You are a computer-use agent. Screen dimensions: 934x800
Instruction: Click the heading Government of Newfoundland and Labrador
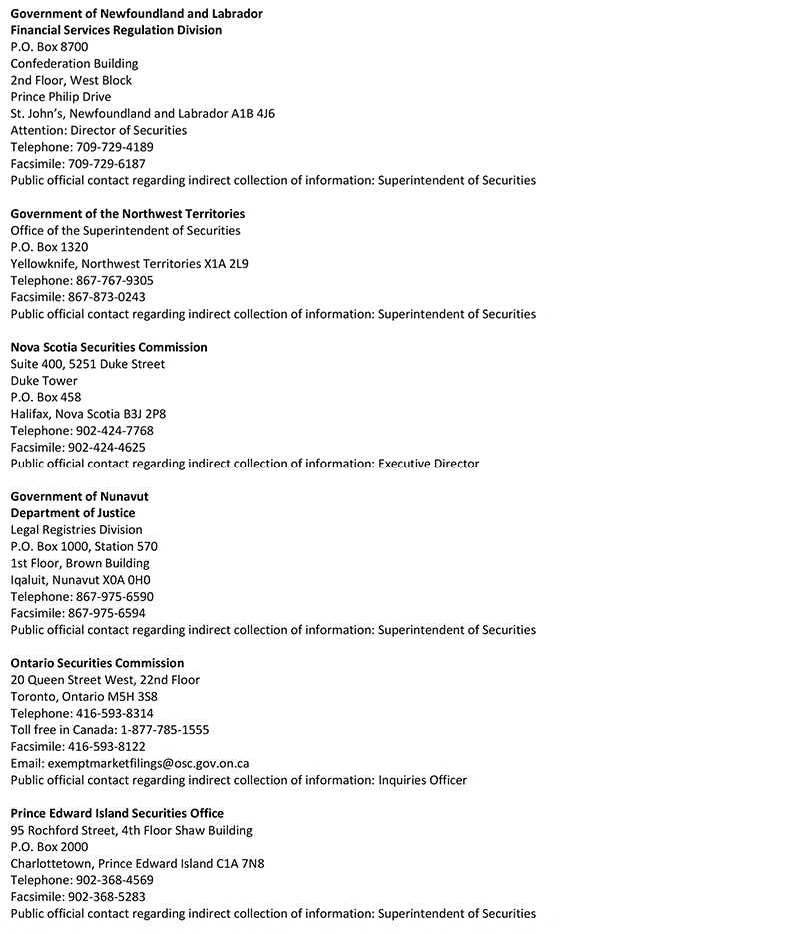tap(137, 14)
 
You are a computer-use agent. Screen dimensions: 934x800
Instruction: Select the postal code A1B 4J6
tap(253, 114)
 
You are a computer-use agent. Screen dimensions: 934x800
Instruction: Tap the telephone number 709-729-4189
tap(115, 147)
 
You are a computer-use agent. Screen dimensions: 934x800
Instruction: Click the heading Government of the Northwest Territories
tap(128, 214)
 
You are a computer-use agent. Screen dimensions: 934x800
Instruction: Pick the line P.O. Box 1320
tap(49, 247)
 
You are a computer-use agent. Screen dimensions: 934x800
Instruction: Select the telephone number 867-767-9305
tap(115, 281)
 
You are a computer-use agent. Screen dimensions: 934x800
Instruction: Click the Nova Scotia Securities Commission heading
tap(109, 347)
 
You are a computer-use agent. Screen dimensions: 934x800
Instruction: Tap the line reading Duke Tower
tap(44, 381)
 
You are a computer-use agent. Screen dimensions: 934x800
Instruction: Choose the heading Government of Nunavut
tap(80, 496)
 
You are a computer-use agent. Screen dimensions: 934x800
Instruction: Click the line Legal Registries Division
tap(76, 530)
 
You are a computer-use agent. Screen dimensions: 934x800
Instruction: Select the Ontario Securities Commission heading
tap(97, 663)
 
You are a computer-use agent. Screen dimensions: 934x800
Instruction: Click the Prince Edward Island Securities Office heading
tap(117, 813)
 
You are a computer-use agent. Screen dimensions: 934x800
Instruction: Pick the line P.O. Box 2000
tap(49, 847)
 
